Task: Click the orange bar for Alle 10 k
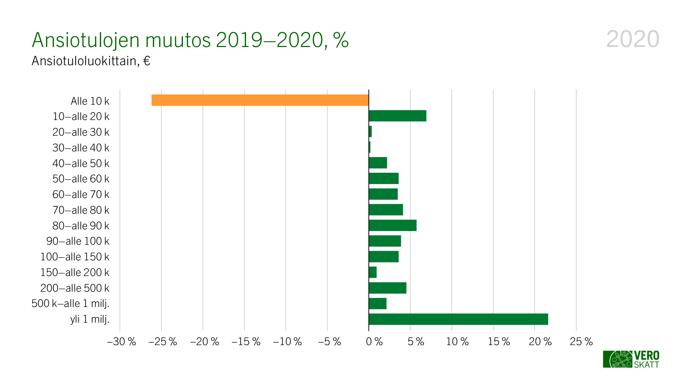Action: (260, 100)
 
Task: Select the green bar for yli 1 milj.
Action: (458, 319)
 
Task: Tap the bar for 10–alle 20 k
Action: (398, 116)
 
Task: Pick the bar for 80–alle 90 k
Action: (393, 225)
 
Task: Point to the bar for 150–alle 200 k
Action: (373, 272)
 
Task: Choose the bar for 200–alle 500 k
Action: (388, 288)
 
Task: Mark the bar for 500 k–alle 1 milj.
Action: (378, 303)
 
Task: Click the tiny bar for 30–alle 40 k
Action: (370, 147)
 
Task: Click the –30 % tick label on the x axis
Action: (122, 342)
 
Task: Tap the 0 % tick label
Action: (374, 342)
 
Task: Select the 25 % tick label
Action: (581, 342)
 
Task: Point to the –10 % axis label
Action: (287, 342)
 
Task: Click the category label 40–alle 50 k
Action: (81, 163)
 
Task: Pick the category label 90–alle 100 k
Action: (78, 241)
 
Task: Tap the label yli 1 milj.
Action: (90, 319)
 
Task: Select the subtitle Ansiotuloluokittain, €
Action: (91, 61)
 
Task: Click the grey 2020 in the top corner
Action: (633, 39)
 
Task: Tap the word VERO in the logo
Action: (646, 355)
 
